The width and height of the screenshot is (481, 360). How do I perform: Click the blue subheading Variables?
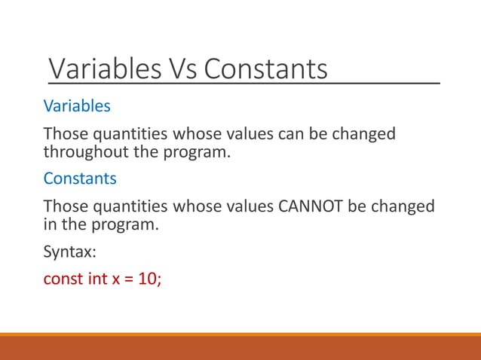[x=77, y=106]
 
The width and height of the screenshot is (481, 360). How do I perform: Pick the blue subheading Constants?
[x=80, y=179]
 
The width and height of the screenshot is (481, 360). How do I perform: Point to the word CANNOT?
[x=312, y=206]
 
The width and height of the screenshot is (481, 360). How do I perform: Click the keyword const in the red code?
[x=63, y=279]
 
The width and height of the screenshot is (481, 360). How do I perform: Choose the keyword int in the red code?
[x=97, y=279]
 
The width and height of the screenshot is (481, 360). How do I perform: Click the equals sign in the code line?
[x=129, y=279]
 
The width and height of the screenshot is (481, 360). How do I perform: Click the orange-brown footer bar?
[x=240, y=348]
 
